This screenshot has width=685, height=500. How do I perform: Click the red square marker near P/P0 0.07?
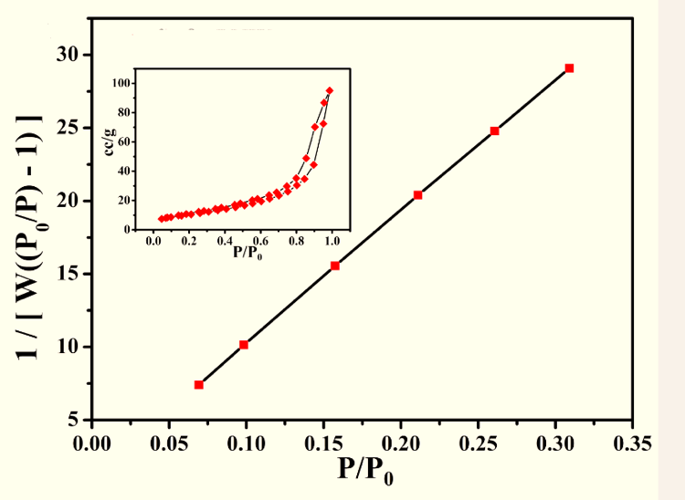(x=199, y=385)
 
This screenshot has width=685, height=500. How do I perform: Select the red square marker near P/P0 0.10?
(x=243, y=345)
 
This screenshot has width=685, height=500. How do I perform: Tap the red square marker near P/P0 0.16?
(x=335, y=266)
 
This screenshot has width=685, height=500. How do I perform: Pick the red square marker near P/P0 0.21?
(x=417, y=195)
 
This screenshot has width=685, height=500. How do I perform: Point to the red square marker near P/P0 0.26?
(x=495, y=130)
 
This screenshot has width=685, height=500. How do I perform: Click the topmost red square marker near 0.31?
(x=569, y=68)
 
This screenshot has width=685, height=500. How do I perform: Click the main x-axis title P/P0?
(x=366, y=472)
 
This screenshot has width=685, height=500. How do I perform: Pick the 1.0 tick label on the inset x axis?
(x=332, y=241)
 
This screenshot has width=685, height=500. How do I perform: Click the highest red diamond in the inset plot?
(x=330, y=90)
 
